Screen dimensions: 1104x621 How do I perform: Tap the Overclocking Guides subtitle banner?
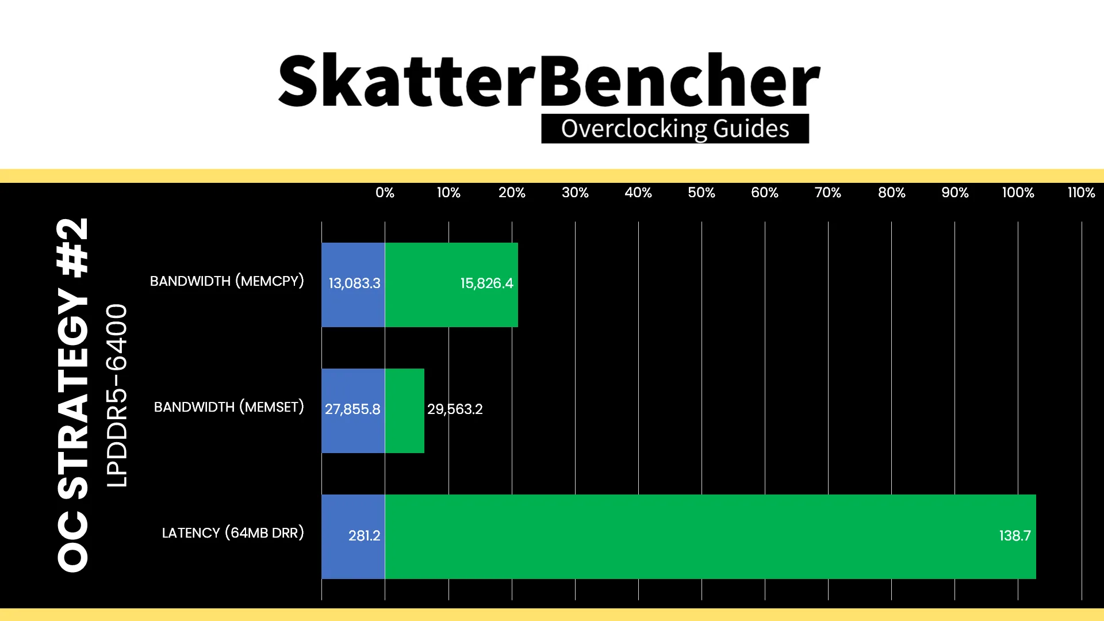tap(675, 128)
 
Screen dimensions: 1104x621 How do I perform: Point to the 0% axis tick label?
tap(385, 193)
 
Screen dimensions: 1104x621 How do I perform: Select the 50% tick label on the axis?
tap(701, 193)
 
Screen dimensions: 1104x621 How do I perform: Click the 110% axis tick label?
tap(1081, 193)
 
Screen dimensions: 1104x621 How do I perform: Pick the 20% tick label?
tap(512, 193)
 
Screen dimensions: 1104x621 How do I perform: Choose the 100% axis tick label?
tap(1018, 193)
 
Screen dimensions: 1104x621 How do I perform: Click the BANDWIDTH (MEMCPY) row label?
tap(227, 281)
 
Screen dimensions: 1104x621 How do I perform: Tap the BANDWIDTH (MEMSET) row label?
tap(229, 407)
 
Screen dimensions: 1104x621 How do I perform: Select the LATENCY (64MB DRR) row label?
tap(233, 533)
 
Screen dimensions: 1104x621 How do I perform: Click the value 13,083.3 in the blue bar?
tap(354, 283)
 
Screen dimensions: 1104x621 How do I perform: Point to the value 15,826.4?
tap(486, 283)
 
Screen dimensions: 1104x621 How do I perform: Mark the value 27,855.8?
tap(352, 409)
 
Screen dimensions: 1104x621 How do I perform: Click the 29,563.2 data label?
tap(455, 409)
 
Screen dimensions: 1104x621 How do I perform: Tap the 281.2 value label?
tap(364, 536)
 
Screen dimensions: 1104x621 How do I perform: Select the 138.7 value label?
tap(1015, 536)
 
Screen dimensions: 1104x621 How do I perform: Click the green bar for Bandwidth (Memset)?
tap(405, 411)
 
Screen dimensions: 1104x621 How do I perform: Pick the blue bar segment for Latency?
tap(353, 536)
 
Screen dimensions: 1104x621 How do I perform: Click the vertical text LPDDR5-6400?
tap(116, 396)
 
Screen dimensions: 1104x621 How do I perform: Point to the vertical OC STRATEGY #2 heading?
tap(73, 395)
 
